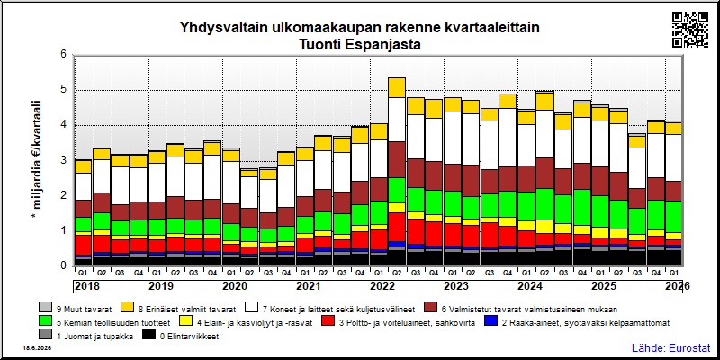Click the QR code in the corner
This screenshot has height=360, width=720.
(x=690, y=30)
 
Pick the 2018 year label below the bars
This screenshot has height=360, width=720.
(x=86, y=286)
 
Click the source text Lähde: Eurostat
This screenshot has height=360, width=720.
(x=671, y=346)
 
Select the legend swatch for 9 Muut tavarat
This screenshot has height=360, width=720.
(x=45, y=307)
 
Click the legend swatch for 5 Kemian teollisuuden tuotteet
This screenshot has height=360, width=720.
(x=45, y=321)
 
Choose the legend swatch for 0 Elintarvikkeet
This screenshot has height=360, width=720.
(x=149, y=336)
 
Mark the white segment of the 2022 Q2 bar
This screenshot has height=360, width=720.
(x=396, y=120)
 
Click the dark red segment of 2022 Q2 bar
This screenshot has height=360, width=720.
(x=396, y=159)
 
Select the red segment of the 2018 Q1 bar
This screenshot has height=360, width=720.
(x=83, y=245)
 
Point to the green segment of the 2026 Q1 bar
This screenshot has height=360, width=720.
(x=673, y=217)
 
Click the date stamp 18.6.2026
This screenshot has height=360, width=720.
(x=37, y=348)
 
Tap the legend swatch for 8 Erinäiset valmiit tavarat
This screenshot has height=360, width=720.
(x=127, y=307)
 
